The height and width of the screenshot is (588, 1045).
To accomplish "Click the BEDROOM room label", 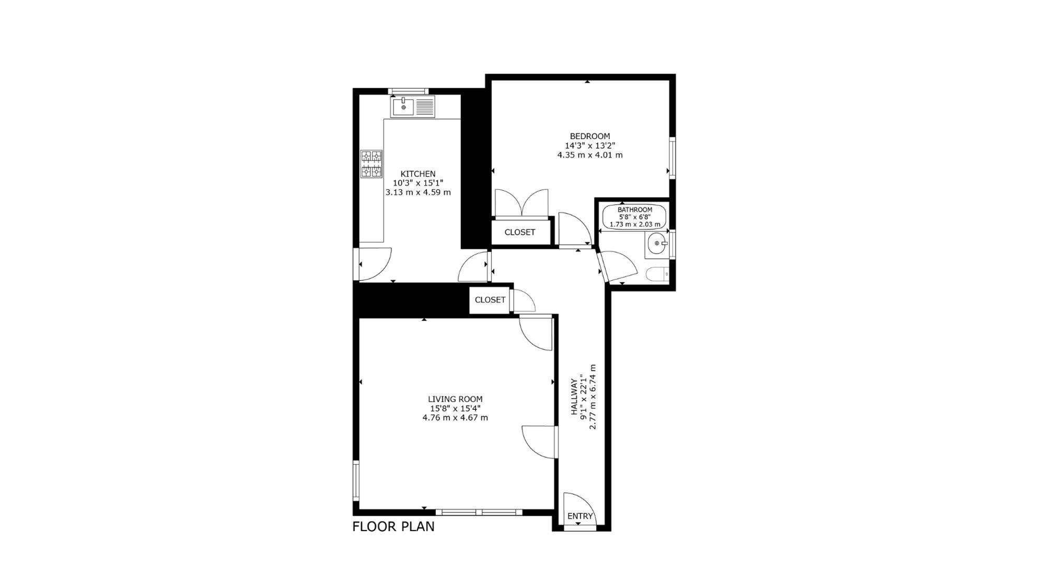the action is pos(590,136).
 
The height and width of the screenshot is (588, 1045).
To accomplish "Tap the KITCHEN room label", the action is pos(418,174).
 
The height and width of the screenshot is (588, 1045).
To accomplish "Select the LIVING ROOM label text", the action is pos(455,399).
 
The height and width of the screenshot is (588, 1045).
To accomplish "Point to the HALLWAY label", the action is pos(575,397).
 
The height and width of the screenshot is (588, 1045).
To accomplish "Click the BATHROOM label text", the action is pos(635,210).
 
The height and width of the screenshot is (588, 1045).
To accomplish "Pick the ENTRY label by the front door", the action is pos(580,516).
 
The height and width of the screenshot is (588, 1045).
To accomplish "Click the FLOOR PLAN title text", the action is pos(393,526).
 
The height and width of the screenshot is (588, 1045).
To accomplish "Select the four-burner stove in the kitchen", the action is pos(371,164).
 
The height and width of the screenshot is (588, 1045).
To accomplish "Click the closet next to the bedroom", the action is pos(520,232).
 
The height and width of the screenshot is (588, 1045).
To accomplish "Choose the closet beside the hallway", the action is pos(490,299).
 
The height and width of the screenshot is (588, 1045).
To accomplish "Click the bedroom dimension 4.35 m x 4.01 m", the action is pos(590,155).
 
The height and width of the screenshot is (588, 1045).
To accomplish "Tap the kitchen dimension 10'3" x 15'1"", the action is pos(418,183).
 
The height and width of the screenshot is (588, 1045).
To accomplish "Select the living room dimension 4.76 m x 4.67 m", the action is pos(455,418).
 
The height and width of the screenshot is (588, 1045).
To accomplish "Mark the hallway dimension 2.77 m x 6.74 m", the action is pos(593,397).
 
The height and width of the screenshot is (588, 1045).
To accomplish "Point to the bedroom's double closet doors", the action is pos(522,202).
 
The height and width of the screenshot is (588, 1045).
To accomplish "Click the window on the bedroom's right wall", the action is pos(672,157).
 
